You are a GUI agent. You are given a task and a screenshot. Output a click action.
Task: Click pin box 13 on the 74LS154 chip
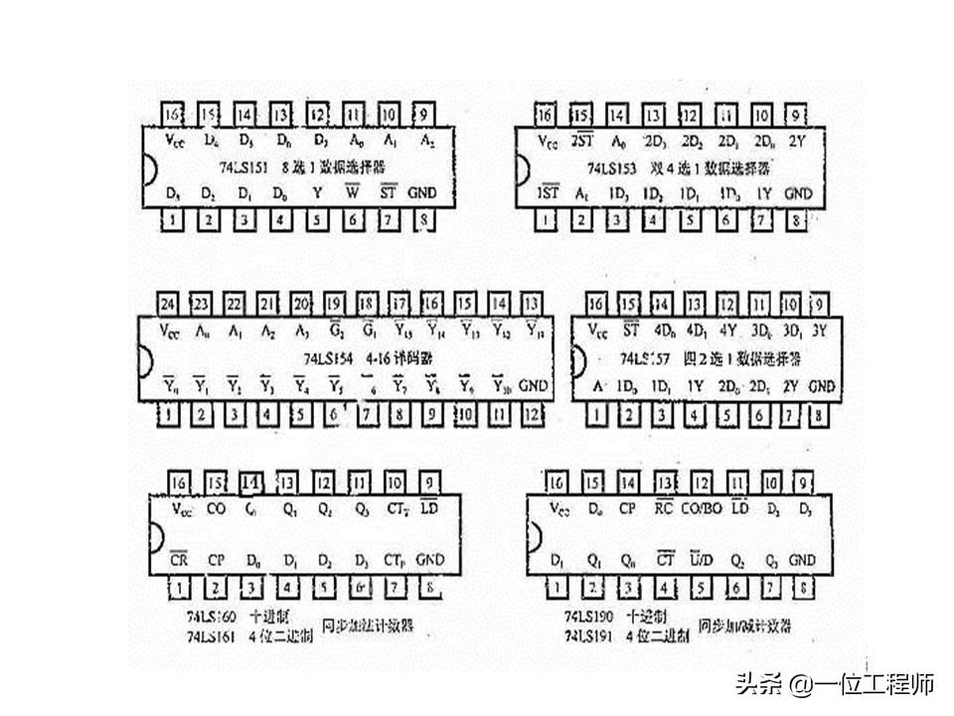coord(533,303)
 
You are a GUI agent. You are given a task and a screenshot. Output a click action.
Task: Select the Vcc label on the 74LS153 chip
coord(547,141)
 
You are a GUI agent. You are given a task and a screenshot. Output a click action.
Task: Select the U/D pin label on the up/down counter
coord(702,560)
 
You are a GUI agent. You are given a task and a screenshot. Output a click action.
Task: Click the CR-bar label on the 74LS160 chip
coord(179,560)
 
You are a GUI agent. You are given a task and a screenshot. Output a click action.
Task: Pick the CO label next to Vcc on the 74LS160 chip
coord(216,509)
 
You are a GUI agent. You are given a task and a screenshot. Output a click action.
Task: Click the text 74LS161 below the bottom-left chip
coord(212,636)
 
